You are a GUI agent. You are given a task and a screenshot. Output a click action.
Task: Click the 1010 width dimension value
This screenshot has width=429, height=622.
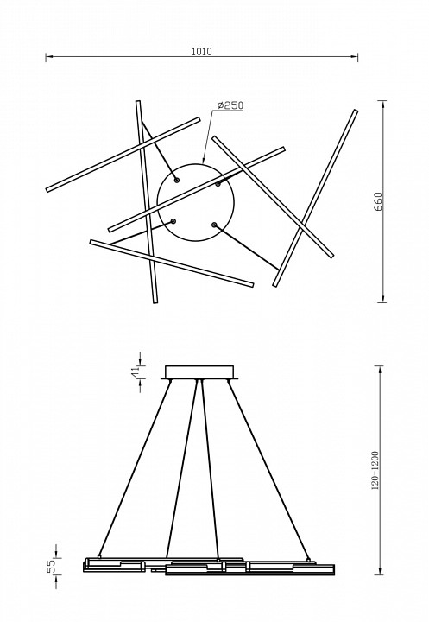[x=202, y=52]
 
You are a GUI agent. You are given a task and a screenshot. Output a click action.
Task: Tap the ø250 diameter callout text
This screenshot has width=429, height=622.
[x=230, y=105]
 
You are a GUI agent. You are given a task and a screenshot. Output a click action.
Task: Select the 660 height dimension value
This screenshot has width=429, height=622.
[x=378, y=201]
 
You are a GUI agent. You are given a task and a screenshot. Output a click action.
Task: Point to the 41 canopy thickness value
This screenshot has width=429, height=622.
[x=136, y=371]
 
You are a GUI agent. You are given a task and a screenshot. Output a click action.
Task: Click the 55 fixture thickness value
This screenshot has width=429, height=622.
[x=51, y=567]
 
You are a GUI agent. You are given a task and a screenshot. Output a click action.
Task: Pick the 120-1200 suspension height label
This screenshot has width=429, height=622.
[x=375, y=471]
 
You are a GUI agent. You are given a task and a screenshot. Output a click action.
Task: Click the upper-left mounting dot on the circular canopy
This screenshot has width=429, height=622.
[x=177, y=181]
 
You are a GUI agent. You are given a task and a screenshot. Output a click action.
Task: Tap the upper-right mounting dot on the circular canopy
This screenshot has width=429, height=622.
[x=218, y=184]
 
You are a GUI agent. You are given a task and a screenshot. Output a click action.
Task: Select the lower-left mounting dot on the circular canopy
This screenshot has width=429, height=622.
[x=173, y=221]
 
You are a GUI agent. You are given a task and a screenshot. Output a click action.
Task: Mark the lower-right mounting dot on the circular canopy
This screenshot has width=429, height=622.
[x=214, y=225]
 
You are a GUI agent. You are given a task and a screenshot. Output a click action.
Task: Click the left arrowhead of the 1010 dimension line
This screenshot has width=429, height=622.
[x=48, y=57]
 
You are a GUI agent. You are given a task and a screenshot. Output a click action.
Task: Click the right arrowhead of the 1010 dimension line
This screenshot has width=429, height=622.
[x=355, y=57]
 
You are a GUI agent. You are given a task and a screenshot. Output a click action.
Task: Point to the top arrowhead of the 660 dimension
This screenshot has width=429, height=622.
[x=383, y=104]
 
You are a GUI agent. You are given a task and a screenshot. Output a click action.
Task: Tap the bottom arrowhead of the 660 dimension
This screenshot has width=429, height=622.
[x=383, y=299]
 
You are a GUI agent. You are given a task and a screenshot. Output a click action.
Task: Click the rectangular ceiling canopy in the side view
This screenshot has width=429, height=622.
[x=200, y=372]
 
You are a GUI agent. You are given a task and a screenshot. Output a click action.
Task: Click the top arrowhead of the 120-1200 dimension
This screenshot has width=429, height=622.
[x=381, y=369]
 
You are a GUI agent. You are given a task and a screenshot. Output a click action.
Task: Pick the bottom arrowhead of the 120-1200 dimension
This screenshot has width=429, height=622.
[x=381, y=571]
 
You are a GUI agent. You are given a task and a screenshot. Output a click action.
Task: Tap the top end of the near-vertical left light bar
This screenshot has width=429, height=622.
[x=138, y=102]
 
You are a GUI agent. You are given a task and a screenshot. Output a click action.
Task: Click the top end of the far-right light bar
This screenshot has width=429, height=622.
[x=356, y=111]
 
